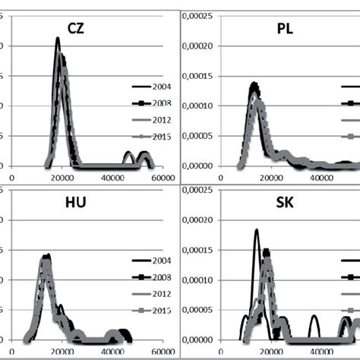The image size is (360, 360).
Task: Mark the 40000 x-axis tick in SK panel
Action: (x=319, y=352)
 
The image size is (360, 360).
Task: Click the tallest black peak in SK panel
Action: (x=257, y=230)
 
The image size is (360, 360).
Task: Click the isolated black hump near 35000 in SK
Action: (x=314, y=317)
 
